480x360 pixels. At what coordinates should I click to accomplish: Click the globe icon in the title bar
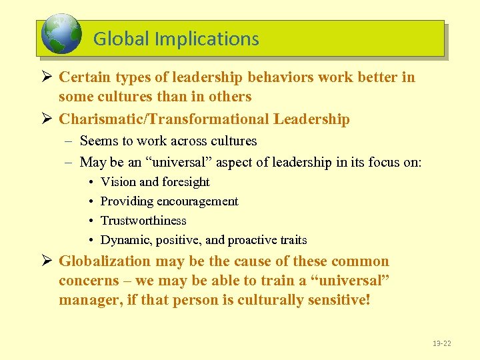tap(61, 35)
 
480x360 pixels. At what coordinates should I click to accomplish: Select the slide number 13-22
tap(441, 343)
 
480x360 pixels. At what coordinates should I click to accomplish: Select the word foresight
tap(186, 182)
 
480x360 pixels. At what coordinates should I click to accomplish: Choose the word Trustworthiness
tap(143, 221)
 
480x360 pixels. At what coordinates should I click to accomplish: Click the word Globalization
tap(105, 261)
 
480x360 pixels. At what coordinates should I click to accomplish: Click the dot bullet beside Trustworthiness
tap(90, 221)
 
